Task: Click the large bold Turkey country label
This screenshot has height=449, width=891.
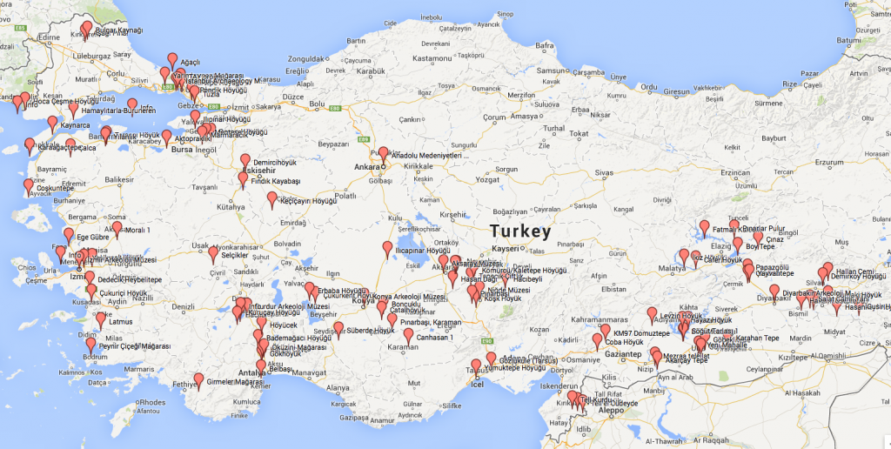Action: click(519, 231)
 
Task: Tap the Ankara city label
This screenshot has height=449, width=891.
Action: click(366, 165)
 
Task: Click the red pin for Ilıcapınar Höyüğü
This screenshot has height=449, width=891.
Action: click(387, 249)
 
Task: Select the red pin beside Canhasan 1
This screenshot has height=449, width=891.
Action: click(408, 334)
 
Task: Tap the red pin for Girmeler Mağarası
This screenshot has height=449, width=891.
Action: click(198, 380)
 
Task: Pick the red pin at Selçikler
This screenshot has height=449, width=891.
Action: click(213, 253)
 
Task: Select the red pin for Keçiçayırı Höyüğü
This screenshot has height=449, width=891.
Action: click(272, 199)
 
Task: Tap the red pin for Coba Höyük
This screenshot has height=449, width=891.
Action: click(598, 340)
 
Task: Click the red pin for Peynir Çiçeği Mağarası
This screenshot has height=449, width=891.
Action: click(90, 344)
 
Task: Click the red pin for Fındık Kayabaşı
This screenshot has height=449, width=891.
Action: click(243, 179)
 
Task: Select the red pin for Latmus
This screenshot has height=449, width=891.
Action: click(100, 319)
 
